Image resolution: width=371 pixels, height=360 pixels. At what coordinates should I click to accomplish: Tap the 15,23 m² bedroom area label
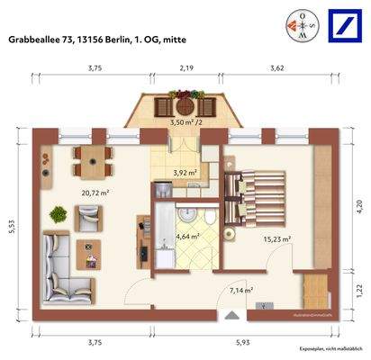pos(279,239)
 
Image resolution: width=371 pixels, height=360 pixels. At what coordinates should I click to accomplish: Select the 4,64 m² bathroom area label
pos(187,238)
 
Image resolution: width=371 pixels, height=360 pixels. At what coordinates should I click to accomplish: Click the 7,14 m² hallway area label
pos(240,290)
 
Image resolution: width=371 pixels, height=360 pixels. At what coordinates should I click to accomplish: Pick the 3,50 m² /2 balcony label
pos(185,121)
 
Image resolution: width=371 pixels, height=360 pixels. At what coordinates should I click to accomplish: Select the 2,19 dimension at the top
pos(186,68)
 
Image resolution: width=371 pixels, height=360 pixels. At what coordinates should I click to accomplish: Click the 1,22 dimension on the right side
pos(357,290)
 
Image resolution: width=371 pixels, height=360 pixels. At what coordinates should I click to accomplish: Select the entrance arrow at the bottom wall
pos(231,314)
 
